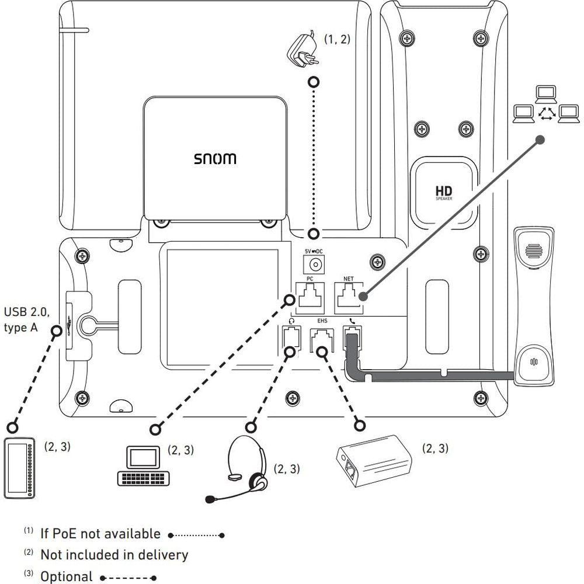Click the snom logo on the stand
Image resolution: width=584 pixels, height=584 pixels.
coord(215,159)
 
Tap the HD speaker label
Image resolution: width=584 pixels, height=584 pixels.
coord(444,192)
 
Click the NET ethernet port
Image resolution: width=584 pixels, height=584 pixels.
coord(349,296)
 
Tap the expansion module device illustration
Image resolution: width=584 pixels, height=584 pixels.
coord(20,468)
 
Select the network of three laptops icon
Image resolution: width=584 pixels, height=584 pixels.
coord(545,105)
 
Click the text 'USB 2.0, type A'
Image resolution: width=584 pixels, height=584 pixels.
coord(27,319)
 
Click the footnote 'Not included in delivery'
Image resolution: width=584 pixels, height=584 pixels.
coord(114,554)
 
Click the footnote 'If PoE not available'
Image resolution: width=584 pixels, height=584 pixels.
coord(100,533)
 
